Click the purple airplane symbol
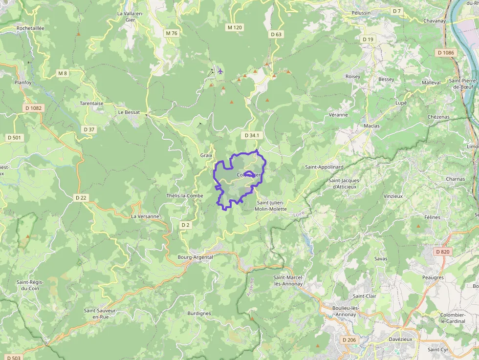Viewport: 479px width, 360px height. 220,72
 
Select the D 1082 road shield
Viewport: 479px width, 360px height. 33,108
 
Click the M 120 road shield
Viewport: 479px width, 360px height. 235,27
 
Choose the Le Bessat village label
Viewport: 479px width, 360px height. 129,112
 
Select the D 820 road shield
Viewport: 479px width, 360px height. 442,252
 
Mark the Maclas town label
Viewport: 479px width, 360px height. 371,126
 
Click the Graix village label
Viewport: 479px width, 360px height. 206,155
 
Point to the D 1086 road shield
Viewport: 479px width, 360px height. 446,52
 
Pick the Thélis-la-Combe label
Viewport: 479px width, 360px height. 184,195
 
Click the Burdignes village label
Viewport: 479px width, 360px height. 199,313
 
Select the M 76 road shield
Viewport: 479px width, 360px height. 171,33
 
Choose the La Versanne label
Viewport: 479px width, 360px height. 145,216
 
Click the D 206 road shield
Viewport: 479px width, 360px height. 349,339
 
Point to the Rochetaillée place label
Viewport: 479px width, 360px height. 30,28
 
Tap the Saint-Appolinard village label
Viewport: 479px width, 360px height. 325,167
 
